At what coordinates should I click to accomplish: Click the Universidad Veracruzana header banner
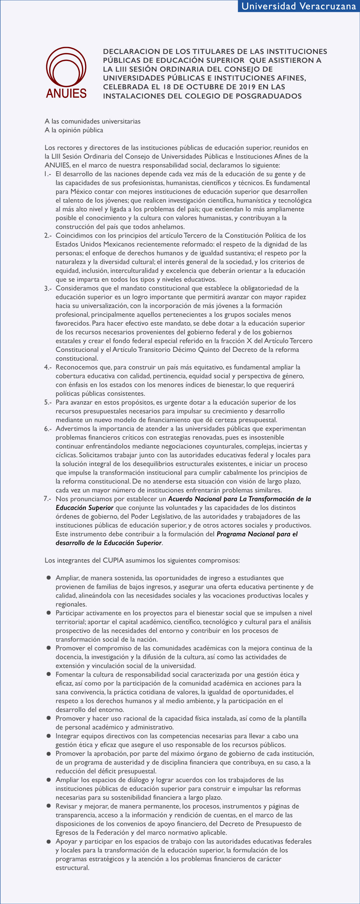pyautogui.click(x=299, y=6)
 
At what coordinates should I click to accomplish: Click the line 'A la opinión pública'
pyautogui.click(x=74, y=130)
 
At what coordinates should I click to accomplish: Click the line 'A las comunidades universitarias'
pyautogui.click(x=92, y=121)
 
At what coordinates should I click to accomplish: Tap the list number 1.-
pyautogui.click(x=48, y=174)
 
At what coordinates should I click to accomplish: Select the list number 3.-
pyautogui.click(x=48, y=288)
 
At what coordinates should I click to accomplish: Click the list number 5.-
pyautogui.click(x=48, y=402)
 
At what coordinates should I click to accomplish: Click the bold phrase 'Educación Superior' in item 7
pyautogui.click(x=84, y=508)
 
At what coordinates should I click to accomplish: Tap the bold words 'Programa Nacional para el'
pyautogui.click(x=257, y=534)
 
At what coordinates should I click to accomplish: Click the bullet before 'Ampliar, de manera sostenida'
pyautogui.click(x=49, y=578)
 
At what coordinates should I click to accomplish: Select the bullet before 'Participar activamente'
pyautogui.click(x=49, y=613)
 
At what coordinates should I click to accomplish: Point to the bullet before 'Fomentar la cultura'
pyautogui.click(x=49, y=674)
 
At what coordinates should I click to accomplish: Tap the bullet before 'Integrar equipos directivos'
pyautogui.click(x=49, y=736)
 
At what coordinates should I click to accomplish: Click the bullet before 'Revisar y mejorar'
pyautogui.click(x=49, y=806)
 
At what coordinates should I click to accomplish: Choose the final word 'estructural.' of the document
pyautogui.click(x=72, y=867)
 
